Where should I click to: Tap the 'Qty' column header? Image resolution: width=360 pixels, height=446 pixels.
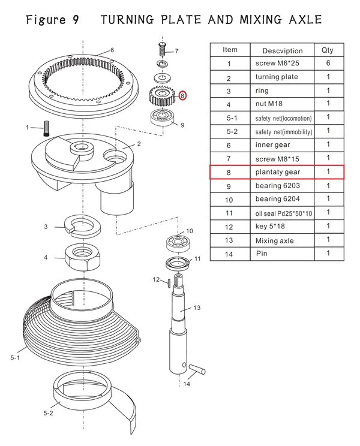[328, 50]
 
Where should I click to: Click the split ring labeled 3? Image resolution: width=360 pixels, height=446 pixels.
[81, 227]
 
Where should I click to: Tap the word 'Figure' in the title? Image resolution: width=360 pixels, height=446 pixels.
[46, 20]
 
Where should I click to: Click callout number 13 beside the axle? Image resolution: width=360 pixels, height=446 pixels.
[196, 308]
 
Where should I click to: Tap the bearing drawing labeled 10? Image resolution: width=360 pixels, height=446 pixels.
[179, 244]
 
